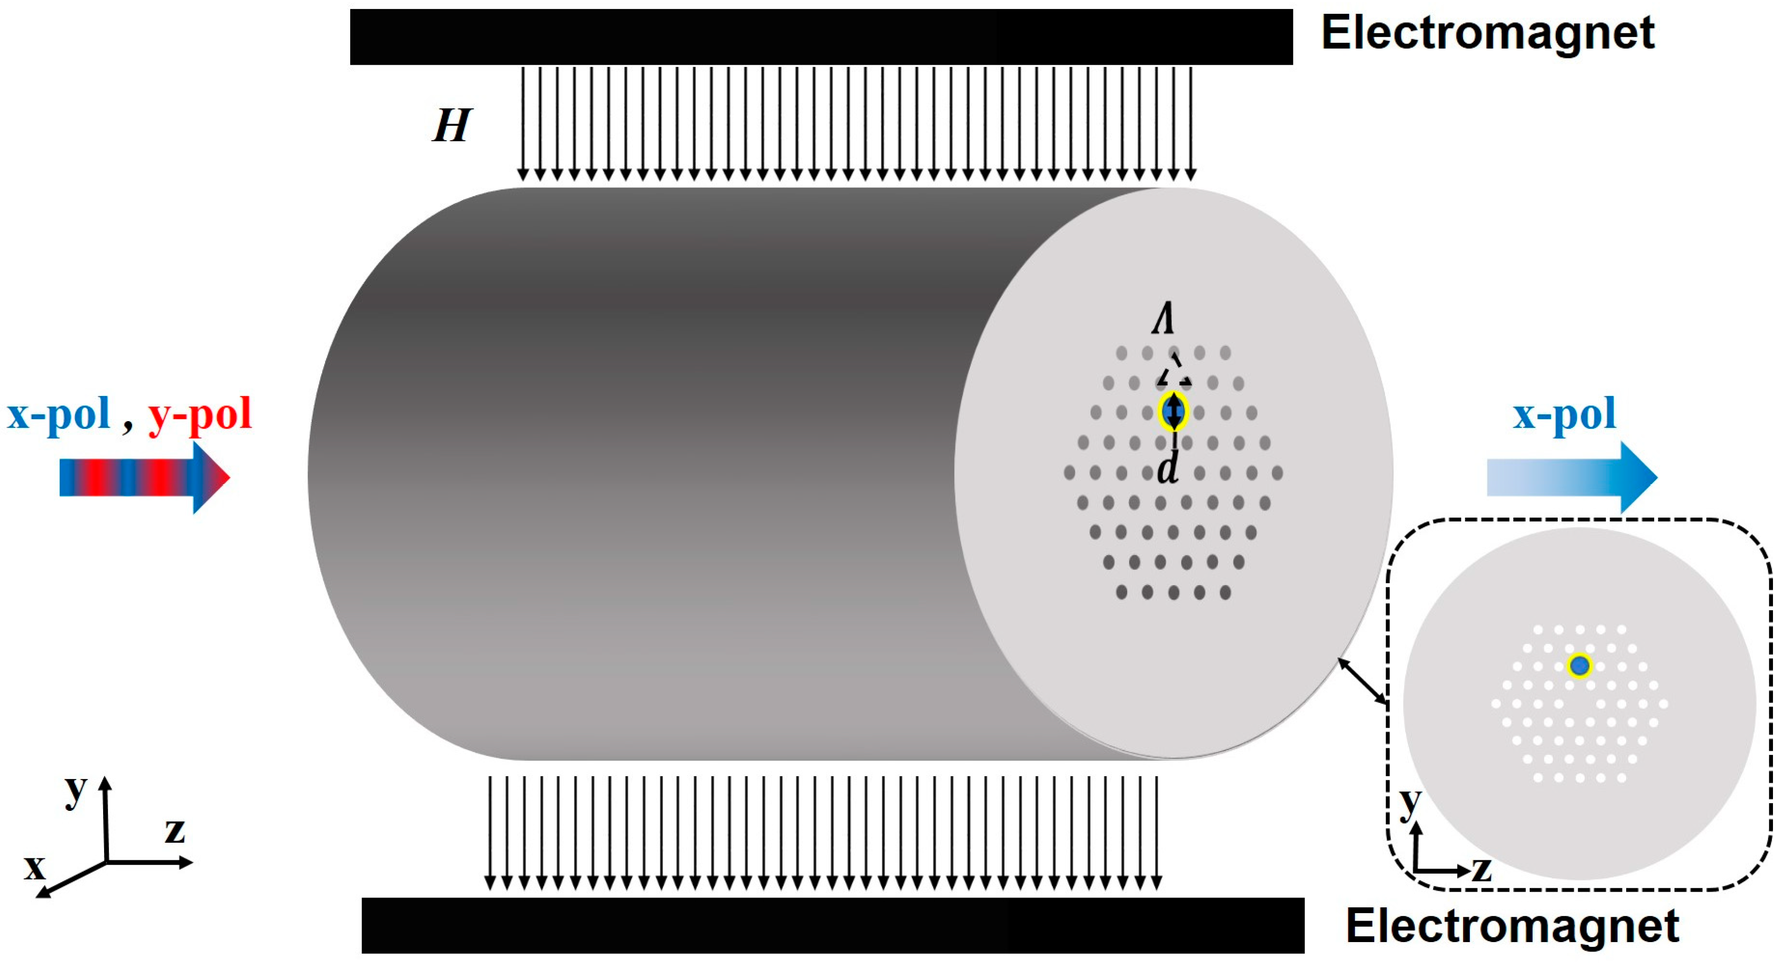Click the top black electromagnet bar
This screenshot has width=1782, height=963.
pos(821,37)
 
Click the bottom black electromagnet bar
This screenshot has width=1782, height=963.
pos(833,925)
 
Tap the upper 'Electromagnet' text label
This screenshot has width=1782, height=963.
pos(1487,33)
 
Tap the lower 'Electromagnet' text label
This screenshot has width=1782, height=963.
pos(1512,925)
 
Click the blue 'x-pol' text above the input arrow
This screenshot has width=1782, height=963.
pos(59,414)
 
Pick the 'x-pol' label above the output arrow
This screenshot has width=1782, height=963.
pos(1564,414)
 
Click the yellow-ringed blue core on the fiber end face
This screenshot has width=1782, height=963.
pos(1173,412)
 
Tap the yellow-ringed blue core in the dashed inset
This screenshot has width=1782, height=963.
pos(1579,665)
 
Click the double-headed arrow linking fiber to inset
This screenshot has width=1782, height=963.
pos(1362,682)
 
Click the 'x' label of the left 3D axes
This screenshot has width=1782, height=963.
pos(35,866)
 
